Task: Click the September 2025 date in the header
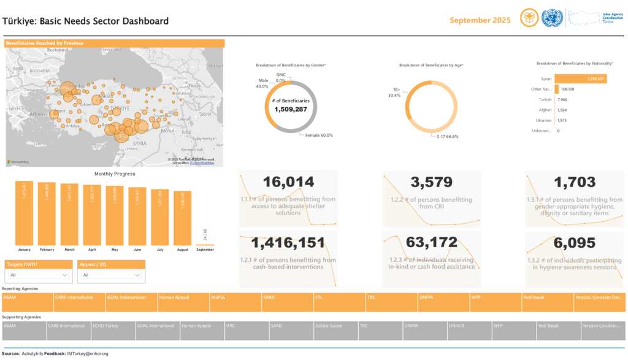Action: pos(480,20)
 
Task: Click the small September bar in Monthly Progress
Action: pos(205,245)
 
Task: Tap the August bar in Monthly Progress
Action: pos(182,218)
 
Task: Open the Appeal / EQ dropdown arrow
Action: pos(138,276)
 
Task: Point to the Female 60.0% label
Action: pos(319,136)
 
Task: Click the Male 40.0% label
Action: pos(262,83)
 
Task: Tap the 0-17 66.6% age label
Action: pos(447,136)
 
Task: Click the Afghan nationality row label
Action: pos(545,110)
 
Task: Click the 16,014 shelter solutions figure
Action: pos(288,182)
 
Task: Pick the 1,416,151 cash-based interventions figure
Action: pos(288,243)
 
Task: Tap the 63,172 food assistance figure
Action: pos(431,243)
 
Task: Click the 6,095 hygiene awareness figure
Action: pos(574,243)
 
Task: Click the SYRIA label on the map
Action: pos(140,143)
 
